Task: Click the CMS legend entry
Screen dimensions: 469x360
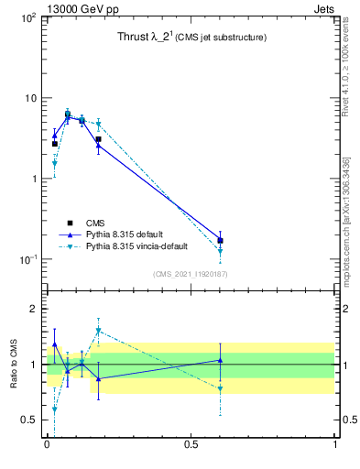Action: [95, 223]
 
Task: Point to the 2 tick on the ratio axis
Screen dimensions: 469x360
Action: [34, 309]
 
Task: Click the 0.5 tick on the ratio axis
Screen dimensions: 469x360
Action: [29, 420]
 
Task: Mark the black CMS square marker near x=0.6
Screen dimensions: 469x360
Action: [220, 240]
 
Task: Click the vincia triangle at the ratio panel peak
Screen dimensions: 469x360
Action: [98, 331]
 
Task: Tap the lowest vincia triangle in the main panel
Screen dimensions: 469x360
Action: [220, 251]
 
